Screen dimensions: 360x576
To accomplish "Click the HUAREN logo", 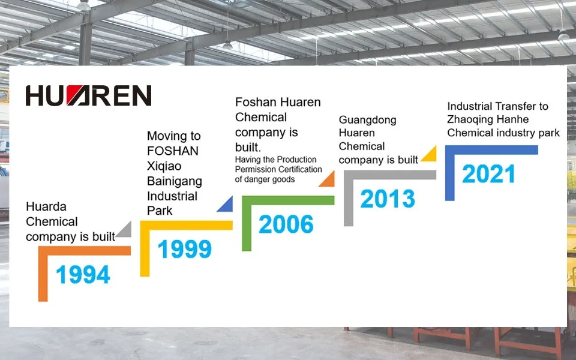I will pyautogui.click(x=88, y=96).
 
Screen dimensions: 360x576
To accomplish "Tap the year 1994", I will pyautogui.click(x=83, y=275).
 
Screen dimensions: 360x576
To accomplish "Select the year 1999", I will pyautogui.click(x=184, y=249).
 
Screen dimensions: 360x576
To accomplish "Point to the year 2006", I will pyautogui.click(x=286, y=224).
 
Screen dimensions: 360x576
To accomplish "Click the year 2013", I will pyautogui.click(x=388, y=199).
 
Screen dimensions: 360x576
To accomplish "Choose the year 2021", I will pyautogui.click(x=488, y=174).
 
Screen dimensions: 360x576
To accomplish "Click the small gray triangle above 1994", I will pyautogui.click(x=124, y=230).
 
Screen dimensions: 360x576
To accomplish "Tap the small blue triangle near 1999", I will pyautogui.click(x=226, y=205).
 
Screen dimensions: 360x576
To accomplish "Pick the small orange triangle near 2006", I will pyautogui.click(x=328, y=179).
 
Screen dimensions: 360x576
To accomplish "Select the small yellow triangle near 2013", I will pyautogui.click(x=429, y=154).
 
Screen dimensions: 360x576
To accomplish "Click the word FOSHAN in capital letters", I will pyautogui.click(x=173, y=151).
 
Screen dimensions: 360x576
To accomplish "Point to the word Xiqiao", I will pyautogui.click(x=164, y=166).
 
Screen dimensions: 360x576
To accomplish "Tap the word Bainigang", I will pyautogui.click(x=175, y=181).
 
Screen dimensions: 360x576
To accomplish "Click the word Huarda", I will pyautogui.click(x=46, y=207).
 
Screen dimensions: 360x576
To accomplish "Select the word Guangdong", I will pyautogui.click(x=367, y=120).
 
